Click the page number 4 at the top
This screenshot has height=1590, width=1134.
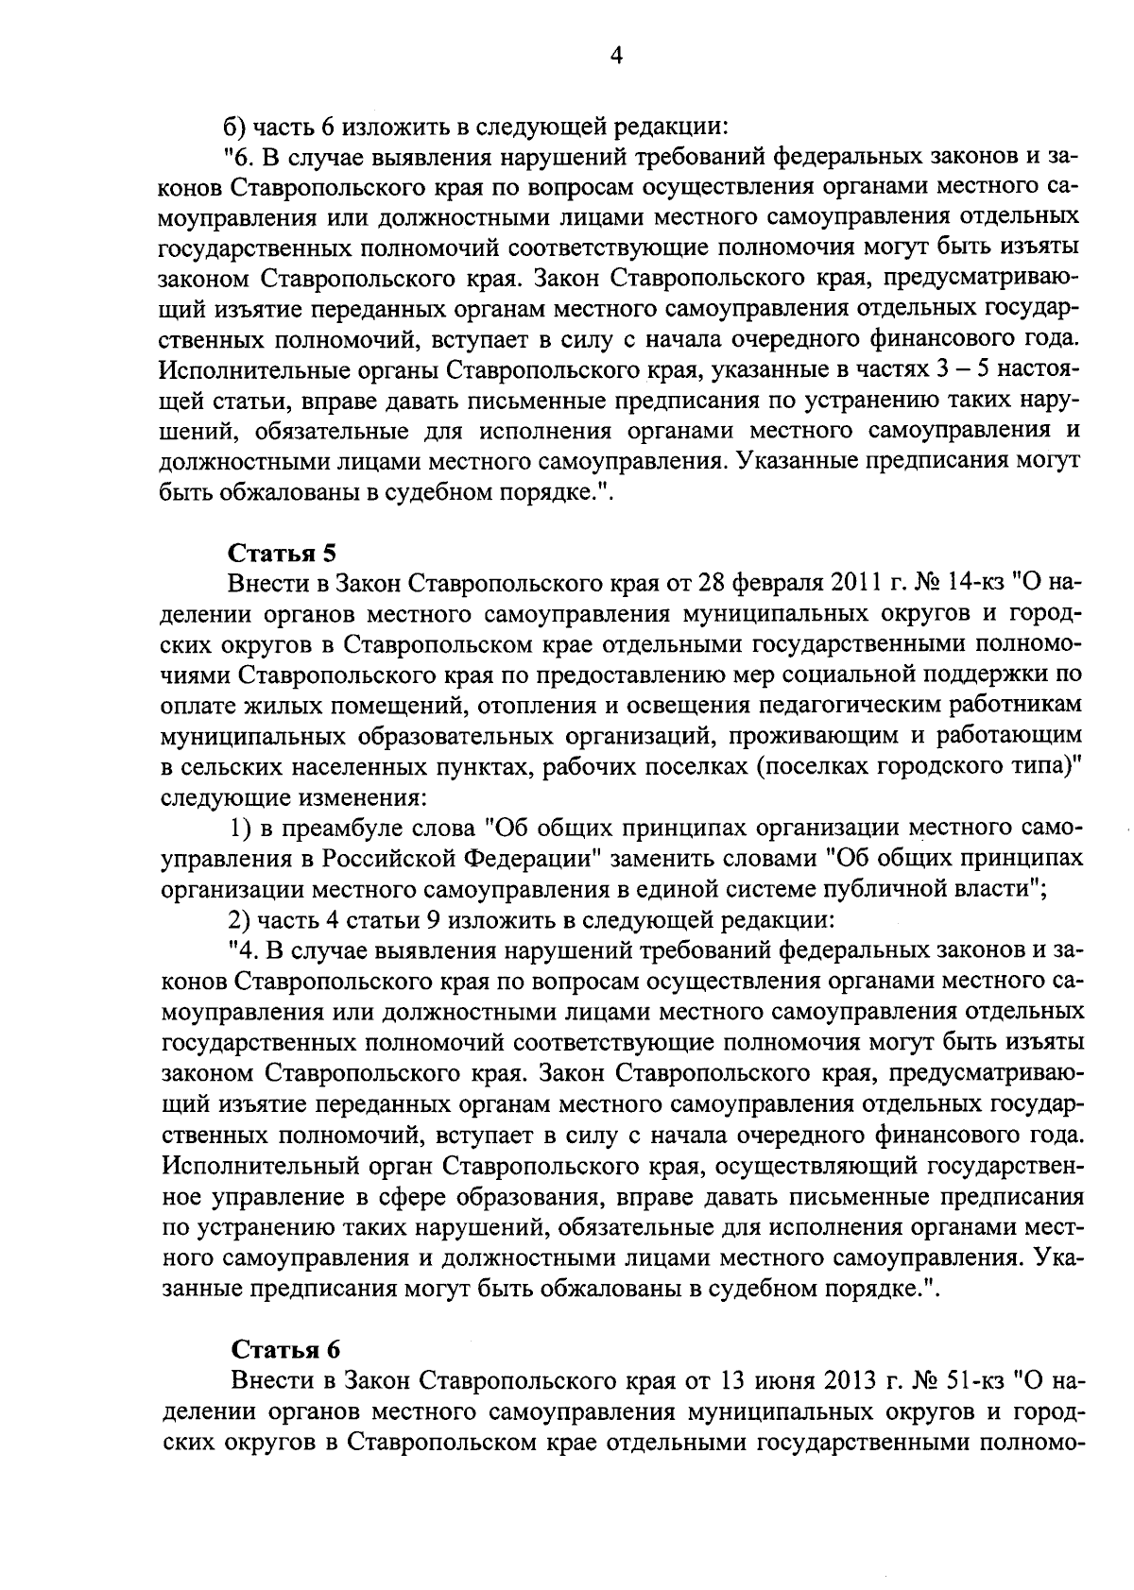(x=616, y=57)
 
